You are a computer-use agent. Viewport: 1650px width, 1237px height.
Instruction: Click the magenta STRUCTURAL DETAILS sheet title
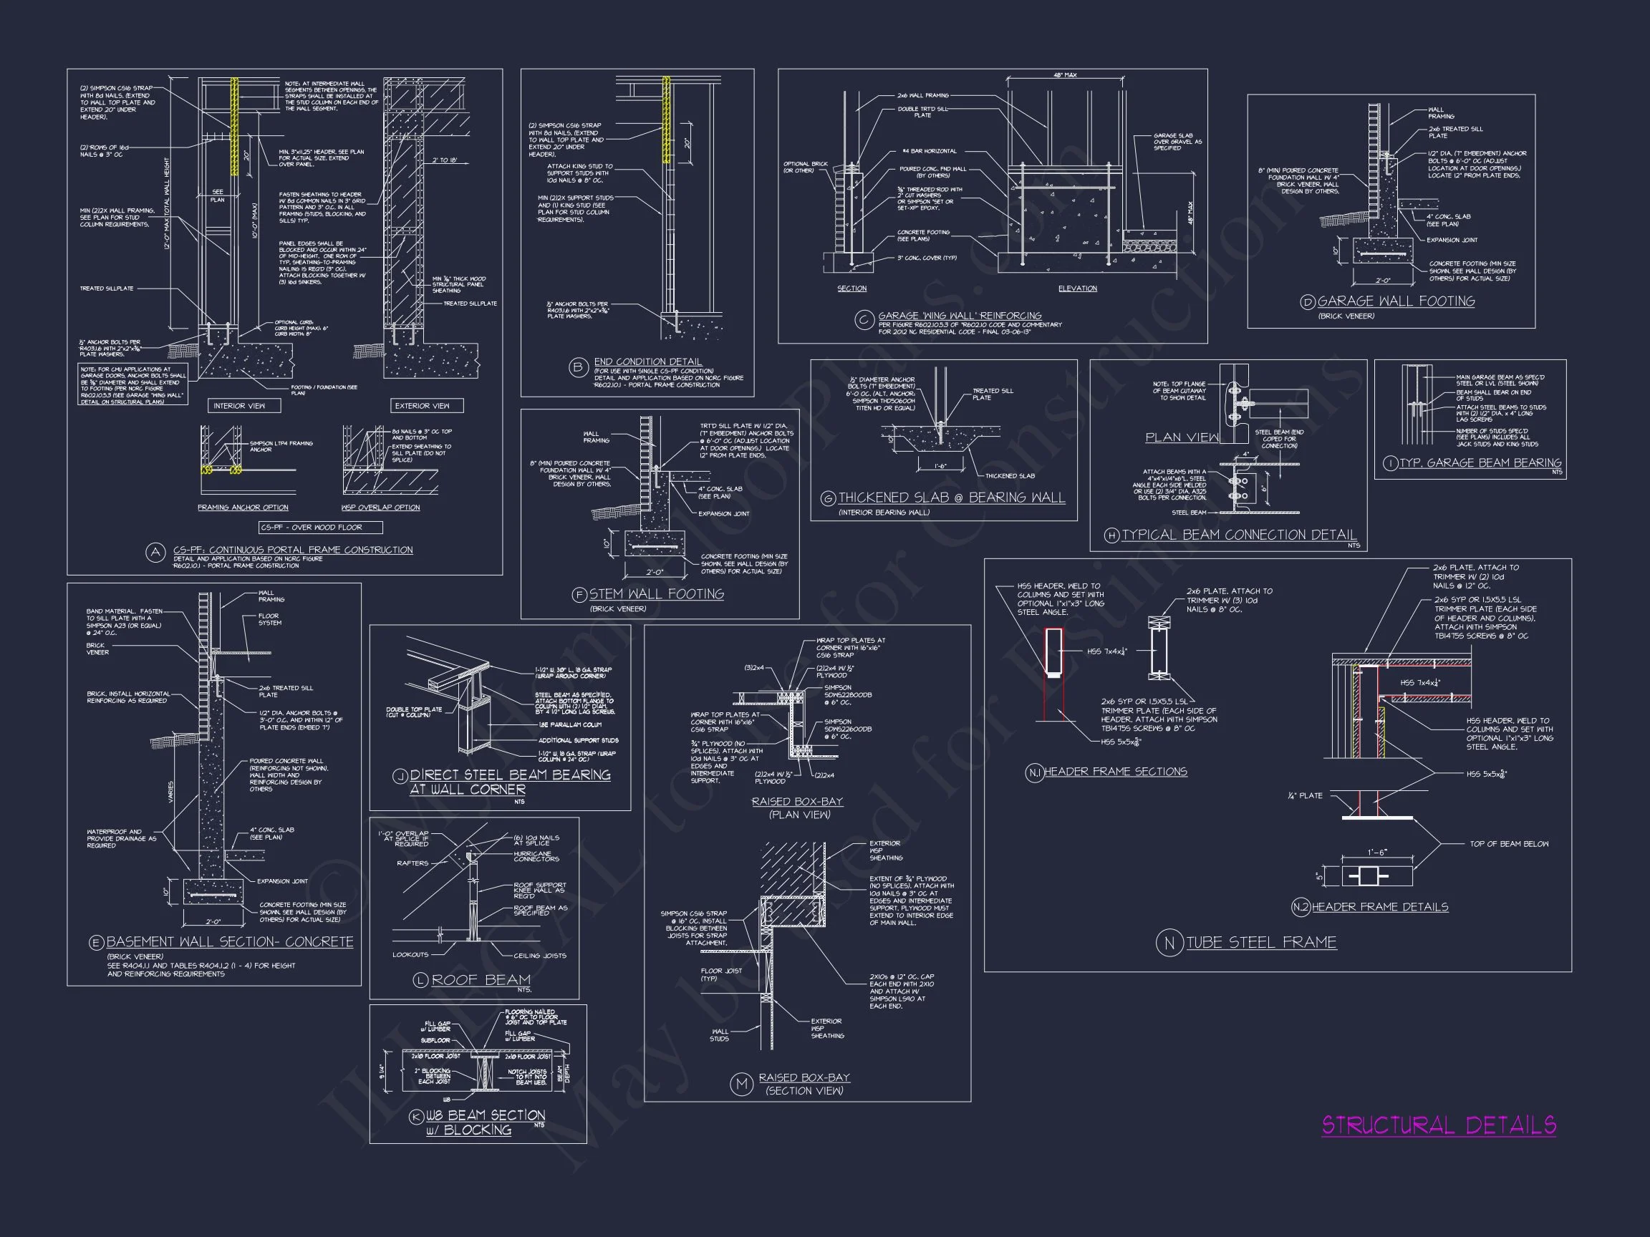coord(1439,1125)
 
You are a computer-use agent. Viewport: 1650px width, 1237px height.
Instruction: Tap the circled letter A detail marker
coord(155,553)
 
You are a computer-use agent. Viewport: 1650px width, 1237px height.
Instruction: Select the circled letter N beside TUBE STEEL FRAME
coord(1169,943)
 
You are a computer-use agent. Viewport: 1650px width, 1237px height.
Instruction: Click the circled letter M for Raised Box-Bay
coord(741,1084)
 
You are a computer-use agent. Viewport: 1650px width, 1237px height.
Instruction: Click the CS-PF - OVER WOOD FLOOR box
coord(321,527)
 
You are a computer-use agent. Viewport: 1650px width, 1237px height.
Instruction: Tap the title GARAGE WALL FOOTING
coord(1396,301)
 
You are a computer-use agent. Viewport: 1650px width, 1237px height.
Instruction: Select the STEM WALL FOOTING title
coord(657,593)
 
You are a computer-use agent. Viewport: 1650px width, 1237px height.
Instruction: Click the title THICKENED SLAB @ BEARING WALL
coord(952,498)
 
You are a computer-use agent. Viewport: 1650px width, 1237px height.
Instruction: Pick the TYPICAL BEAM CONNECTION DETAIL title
coord(1239,535)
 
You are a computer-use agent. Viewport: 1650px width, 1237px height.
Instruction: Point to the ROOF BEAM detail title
coord(481,980)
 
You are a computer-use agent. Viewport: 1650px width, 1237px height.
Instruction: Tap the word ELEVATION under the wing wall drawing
coord(1077,288)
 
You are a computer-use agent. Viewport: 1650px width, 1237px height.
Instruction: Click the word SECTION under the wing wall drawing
coord(851,288)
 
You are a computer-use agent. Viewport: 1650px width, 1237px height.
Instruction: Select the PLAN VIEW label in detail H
coord(1182,437)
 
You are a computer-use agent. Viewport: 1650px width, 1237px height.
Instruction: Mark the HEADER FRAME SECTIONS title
coord(1115,772)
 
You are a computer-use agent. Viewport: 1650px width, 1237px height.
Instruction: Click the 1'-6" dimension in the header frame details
coord(1377,853)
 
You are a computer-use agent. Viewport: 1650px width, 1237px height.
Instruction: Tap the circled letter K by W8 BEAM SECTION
coord(416,1117)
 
